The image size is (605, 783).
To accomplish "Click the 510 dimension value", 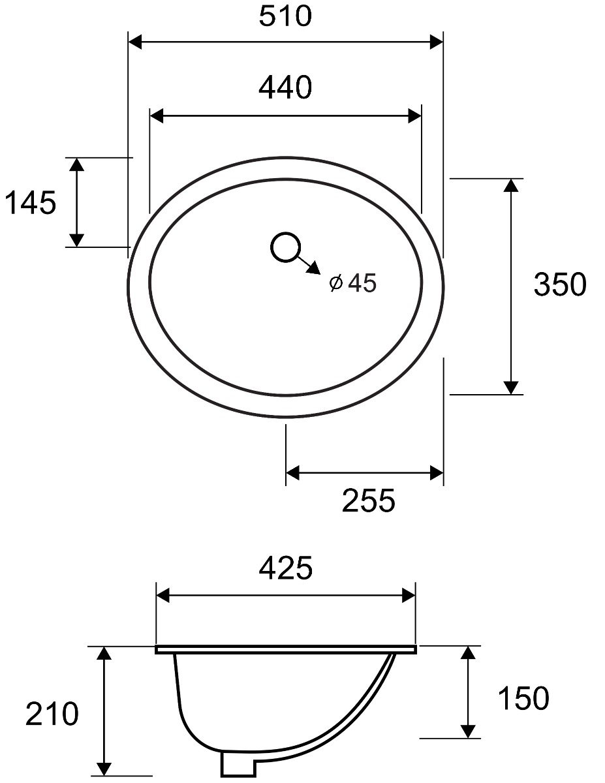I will (x=285, y=16).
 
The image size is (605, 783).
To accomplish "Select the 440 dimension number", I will (x=285, y=87).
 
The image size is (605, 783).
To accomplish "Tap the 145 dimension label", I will (x=31, y=204).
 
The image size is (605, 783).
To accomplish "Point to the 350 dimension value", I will (x=560, y=284).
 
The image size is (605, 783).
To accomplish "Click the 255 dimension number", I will (x=369, y=501).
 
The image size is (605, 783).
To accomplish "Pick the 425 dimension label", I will (x=286, y=569).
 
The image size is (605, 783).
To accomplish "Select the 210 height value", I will (x=52, y=714).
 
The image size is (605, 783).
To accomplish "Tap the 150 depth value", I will (x=523, y=699).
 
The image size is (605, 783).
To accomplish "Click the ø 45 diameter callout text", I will (x=354, y=283).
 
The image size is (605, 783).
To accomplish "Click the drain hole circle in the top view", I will (x=285, y=247).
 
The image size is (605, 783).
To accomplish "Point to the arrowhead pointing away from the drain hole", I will (x=313, y=268).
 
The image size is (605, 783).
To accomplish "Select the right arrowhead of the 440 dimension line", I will (x=414, y=116).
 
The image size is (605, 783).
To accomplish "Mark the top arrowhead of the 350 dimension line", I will (x=511, y=185).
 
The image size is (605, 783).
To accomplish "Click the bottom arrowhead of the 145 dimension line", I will (x=77, y=239).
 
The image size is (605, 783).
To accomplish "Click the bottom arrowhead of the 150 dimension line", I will (x=467, y=731).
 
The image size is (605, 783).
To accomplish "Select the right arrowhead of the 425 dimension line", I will (x=409, y=596).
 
